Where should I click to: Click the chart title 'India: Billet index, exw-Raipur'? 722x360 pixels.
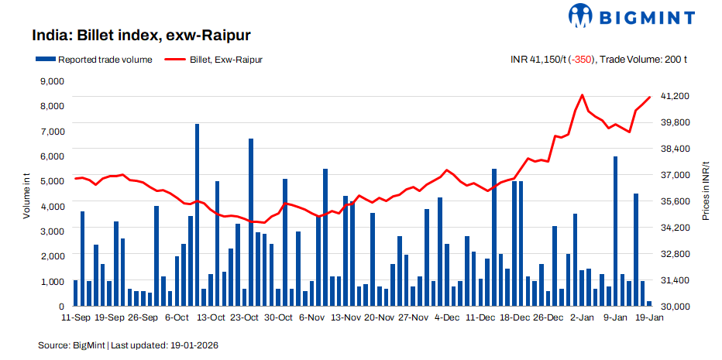pos(142,36)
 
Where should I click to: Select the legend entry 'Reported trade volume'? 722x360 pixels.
pos(93,59)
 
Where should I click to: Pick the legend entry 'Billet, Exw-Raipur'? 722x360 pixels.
pos(213,59)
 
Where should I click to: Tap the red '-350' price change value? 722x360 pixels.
pos(580,59)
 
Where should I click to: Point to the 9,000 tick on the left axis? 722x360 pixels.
pos(51,81)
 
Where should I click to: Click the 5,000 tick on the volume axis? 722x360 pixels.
pos(51,181)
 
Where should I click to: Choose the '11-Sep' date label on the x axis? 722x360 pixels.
pos(75,317)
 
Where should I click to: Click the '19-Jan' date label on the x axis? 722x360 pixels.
pos(649,317)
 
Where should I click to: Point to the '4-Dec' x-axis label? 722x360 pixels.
pos(447,317)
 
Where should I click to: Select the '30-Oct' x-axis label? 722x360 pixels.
pos(278,317)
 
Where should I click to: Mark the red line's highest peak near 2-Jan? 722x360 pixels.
pos(582,94)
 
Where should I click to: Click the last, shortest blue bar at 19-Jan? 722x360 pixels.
pos(649,304)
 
